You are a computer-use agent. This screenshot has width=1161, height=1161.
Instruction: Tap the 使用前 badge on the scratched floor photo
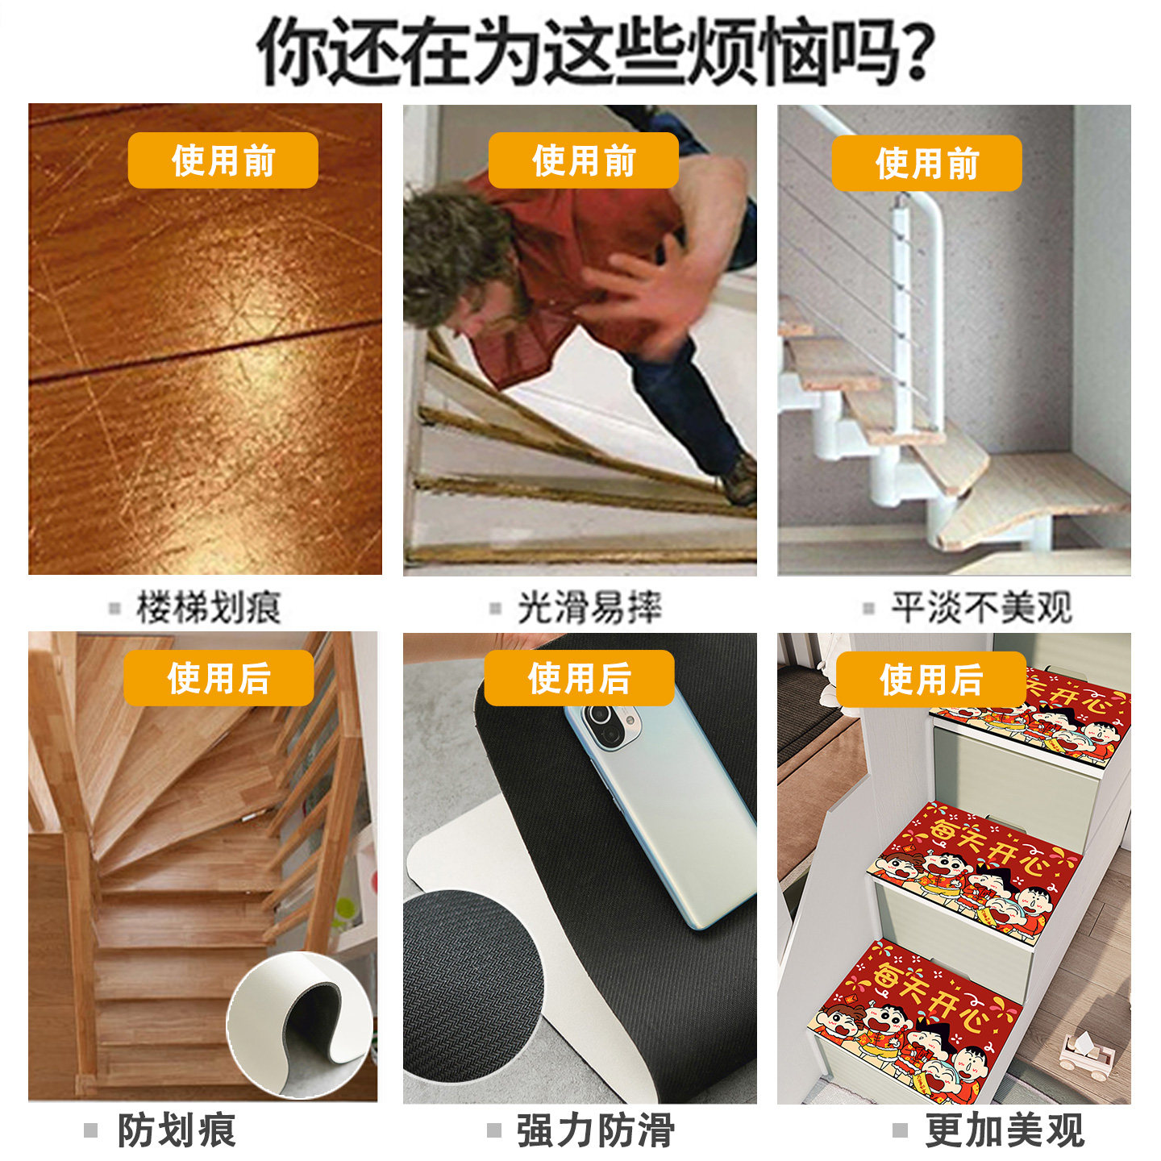(x=223, y=160)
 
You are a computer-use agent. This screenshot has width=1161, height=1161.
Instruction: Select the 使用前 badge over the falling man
(x=583, y=160)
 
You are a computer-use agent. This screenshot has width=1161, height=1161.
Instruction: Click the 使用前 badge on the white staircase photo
(x=926, y=164)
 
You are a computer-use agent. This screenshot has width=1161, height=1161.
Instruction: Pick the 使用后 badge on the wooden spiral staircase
(x=218, y=678)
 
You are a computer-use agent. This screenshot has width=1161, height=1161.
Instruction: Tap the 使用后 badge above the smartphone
(x=579, y=678)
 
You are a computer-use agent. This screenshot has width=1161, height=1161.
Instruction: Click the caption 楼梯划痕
(x=208, y=607)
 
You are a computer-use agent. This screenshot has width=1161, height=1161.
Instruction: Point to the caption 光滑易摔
(x=589, y=607)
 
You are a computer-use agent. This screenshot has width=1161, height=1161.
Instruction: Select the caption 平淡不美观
(x=980, y=607)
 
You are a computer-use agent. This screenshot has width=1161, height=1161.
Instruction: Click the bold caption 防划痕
(x=177, y=1130)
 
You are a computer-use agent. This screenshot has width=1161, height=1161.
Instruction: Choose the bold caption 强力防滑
(x=595, y=1130)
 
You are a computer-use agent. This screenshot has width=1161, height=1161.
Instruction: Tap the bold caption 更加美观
(x=1004, y=1130)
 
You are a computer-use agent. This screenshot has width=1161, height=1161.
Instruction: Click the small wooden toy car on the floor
(x=1084, y=1056)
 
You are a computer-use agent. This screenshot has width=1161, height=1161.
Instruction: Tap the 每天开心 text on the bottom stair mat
(x=931, y=996)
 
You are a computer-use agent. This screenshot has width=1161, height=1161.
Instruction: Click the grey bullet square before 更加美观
(x=900, y=1130)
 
